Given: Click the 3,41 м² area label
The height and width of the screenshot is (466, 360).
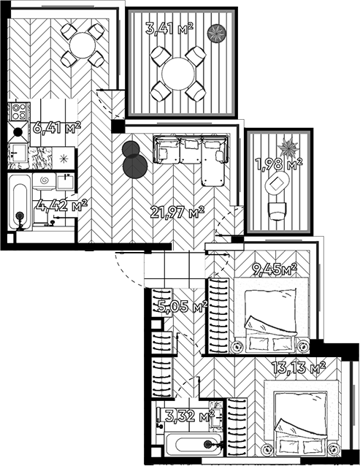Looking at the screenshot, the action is (169, 28).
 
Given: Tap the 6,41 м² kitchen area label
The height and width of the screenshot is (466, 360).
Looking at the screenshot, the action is (57, 128).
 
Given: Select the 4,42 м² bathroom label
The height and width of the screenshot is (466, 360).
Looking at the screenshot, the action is (62, 205).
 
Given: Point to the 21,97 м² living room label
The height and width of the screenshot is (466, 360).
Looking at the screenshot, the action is (177, 212).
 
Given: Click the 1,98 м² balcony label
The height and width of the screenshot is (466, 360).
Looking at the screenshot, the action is (279, 164).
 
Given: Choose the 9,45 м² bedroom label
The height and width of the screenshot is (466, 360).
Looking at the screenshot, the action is (275, 269).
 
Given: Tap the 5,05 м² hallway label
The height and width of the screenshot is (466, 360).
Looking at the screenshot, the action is (183, 307).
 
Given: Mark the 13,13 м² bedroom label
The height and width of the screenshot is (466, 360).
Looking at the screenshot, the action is (299, 367).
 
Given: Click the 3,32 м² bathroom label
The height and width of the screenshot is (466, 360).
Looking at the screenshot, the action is (190, 415).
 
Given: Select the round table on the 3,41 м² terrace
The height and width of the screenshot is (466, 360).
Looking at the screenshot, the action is (179, 74).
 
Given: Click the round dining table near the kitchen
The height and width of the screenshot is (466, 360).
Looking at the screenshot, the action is (83, 45).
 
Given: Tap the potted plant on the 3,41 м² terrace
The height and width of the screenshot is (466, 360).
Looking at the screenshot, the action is (217, 33).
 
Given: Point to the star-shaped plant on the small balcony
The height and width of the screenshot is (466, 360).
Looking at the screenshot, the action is (288, 147).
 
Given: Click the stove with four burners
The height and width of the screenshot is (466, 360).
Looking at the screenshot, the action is (19, 112).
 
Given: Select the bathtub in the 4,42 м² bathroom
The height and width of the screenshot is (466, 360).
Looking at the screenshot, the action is (20, 202).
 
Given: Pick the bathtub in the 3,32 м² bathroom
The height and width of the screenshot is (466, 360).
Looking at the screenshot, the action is (194, 445).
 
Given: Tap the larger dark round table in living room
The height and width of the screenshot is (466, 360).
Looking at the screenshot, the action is (135, 166).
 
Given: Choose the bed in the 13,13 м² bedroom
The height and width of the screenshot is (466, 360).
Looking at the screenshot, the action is (301, 419).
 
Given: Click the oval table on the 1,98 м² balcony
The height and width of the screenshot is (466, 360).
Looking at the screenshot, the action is (277, 184).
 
